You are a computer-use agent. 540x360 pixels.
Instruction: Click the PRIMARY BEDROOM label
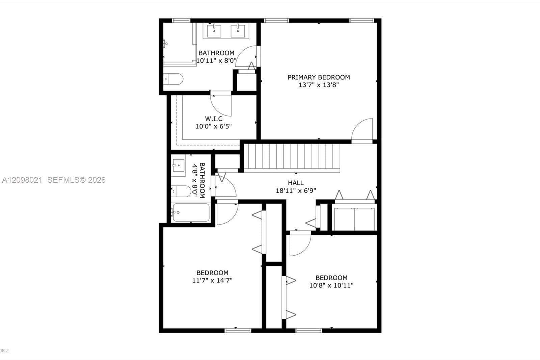[319, 77]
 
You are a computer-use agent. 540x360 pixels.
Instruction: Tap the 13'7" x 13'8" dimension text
[319, 85]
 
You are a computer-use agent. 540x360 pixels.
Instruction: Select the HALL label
[296, 183]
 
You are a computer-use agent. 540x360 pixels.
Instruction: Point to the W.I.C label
[214, 119]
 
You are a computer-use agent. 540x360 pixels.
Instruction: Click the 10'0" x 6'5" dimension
[214, 126]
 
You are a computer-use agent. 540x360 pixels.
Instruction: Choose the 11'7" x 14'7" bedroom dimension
[212, 280]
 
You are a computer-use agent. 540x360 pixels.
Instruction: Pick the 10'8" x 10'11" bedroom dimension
[331, 285]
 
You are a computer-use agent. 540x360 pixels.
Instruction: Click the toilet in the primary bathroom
[173, 79]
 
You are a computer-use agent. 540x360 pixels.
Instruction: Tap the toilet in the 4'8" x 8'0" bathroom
[181, 191]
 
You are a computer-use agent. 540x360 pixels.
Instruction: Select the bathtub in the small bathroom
[191, 212]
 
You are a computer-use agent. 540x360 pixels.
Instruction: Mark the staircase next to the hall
[292, 158]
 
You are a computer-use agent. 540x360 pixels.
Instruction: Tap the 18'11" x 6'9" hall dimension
[296, 190]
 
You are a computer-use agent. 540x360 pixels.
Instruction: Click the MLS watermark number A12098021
[22, 180]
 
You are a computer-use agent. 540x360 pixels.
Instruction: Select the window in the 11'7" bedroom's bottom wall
[238, 331]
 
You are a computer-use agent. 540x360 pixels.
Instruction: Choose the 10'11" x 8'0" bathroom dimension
[216, 60]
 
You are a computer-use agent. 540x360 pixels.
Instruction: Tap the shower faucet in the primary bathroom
[165, 44]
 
